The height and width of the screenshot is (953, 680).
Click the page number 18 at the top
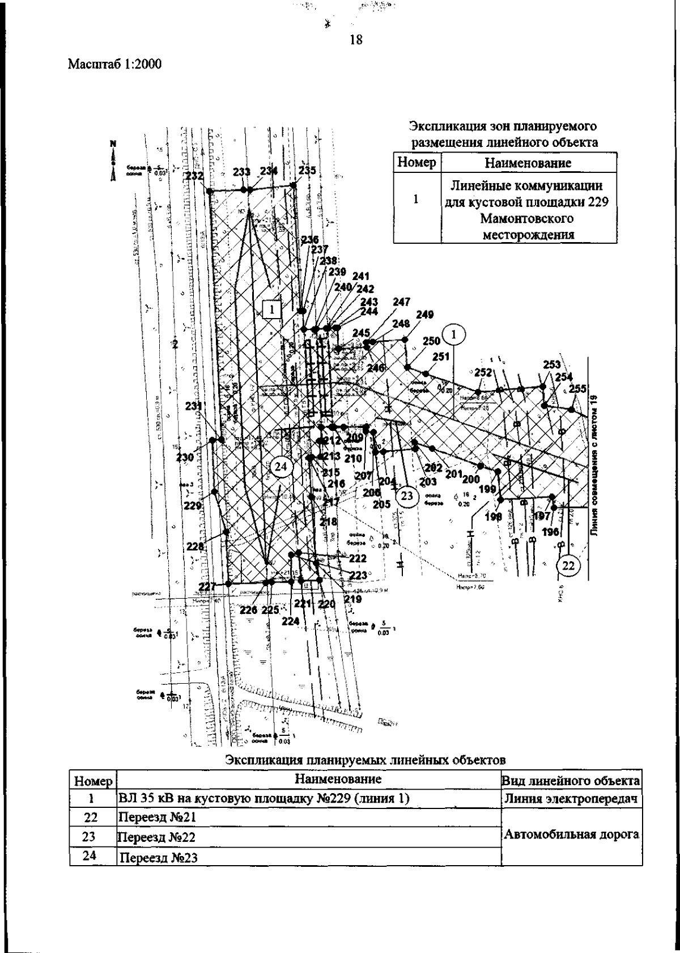[x=356, y=40]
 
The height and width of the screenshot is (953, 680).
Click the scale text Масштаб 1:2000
[x=114, y=64]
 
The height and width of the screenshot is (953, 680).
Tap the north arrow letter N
[x=113, y=144]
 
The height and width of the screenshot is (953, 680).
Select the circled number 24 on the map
[x=281, y=467]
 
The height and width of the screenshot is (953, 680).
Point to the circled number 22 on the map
[x=568, y=565]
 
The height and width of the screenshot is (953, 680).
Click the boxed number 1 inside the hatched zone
[x=272, y=310]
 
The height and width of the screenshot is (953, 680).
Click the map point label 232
[x=194, y=176]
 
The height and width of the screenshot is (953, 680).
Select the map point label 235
[x=307, y=170]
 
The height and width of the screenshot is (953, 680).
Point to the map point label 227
[x=208, y=587]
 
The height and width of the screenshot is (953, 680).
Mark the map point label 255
[x=577, y=389]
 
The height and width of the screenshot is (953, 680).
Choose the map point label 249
[x=424, y=315]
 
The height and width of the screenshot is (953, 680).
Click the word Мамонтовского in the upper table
[x=528, y=218]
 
